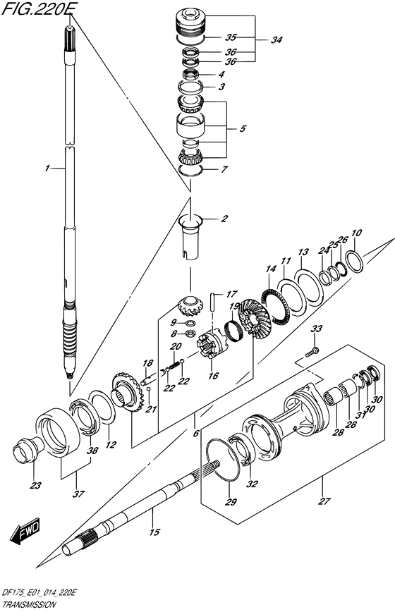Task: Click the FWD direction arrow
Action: pos(25,532)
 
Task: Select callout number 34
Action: pos(276,39)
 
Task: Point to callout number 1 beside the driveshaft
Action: pos(47,169)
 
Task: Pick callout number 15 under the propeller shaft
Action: pos(154,532)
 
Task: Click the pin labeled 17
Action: pos(213,301)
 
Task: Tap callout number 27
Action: pos(324,501)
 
